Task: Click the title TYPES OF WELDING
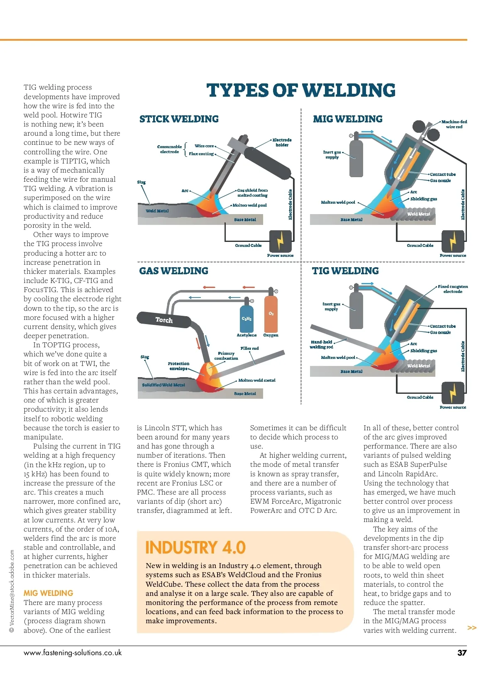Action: (301, 90)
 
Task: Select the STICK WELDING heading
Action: (179, 119)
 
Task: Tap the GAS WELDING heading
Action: (173, 271)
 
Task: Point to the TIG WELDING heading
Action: (345, 271)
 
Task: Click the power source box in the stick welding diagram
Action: (280, 241)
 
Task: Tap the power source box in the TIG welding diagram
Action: (453, 393)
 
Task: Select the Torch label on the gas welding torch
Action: (164, 320)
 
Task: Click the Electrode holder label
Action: (282, 142)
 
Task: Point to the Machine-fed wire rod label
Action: (454, 124)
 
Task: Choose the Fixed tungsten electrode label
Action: (453, 289)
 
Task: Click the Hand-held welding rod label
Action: (322, 344)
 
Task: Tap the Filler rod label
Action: (249, 348)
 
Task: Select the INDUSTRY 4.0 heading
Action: (195, 548)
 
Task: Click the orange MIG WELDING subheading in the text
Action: (48, 593)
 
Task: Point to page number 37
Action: (462, 653)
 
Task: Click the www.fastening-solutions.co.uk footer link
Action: (73, 653)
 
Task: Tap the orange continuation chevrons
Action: (472, 628)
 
